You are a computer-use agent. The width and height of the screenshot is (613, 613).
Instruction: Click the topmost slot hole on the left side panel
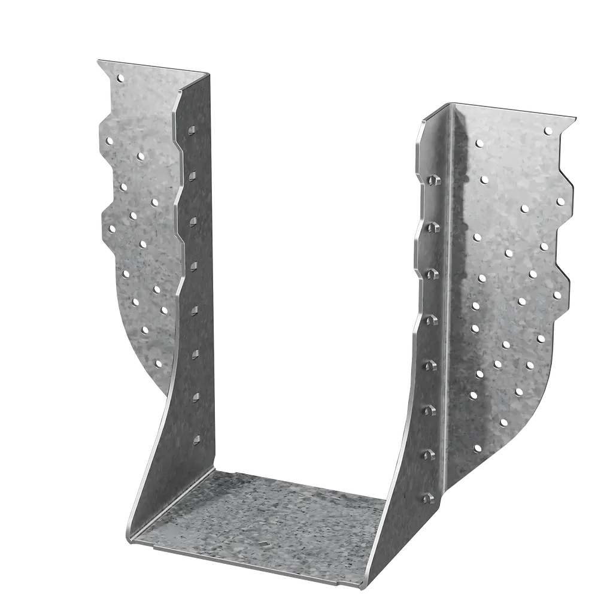(192, 130)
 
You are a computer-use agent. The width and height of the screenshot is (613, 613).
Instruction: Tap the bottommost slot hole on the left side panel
(196, 440)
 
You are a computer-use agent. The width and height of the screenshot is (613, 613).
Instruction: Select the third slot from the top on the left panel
(193, 222)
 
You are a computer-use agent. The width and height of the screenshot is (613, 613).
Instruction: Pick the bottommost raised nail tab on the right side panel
(429, 498)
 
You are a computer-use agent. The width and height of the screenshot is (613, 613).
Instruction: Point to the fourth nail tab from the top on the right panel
(432, 320)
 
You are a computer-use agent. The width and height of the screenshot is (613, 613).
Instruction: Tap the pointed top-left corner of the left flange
(95, 59)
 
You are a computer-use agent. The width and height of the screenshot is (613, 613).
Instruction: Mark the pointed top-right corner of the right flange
(576, 116)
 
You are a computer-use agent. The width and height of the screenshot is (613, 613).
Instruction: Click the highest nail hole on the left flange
(121, 78)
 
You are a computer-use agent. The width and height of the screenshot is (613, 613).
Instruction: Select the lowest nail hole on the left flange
(158, 363)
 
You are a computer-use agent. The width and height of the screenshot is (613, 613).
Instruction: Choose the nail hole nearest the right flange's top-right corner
(548, 131)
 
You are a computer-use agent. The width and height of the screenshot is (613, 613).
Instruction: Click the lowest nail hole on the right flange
(477, 448)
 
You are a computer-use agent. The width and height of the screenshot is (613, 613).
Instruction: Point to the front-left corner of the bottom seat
(128, 540)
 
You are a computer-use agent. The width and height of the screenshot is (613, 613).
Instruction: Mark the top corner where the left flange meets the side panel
(210, 74)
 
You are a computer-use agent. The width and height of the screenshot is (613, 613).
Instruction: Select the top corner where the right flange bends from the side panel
(450, 104)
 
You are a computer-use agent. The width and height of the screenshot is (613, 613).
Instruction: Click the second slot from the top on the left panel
(192, 176)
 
